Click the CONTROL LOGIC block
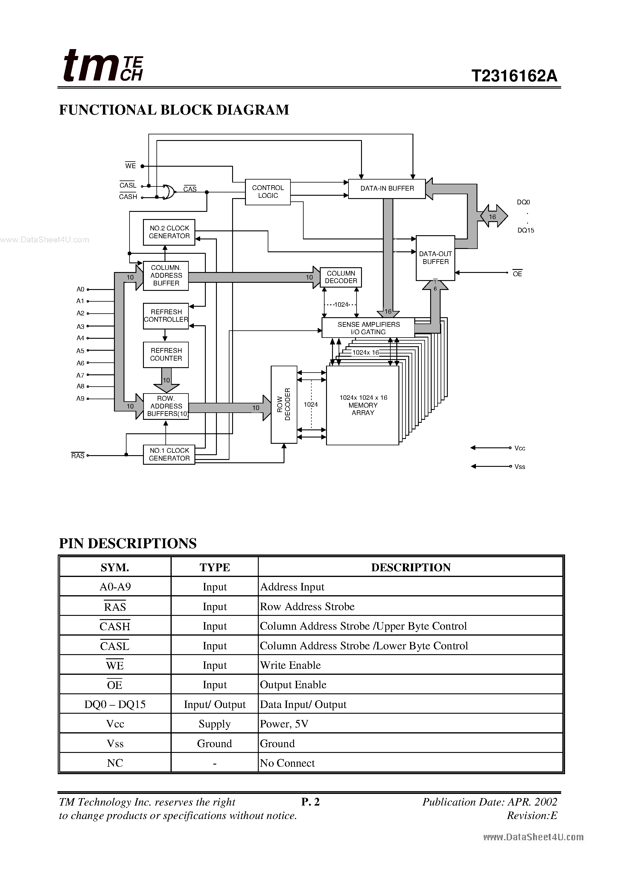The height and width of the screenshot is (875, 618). click(x=267, y=192)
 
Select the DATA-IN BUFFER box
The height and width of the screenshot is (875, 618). click(x=387, y=189)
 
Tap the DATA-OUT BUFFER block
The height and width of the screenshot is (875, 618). click(x=435, y=258)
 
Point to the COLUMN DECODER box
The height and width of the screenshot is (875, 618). click(x=341, y=277)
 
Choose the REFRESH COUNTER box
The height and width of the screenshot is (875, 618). click(x=166, y=354)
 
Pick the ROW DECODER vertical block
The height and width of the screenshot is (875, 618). click(x=284, y=404)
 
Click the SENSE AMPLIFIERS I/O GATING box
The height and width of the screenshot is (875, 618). click(x=368, y=328)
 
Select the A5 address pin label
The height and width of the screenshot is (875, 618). click(x=80, y=351)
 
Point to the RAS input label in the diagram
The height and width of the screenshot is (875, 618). click(x=78, y=456)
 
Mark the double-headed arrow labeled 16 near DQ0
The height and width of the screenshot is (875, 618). click(x=493, y=216)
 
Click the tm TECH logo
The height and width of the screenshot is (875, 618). click(x=103, y=66)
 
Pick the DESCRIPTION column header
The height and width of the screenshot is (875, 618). click(x=410, y=567)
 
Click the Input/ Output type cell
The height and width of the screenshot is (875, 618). click(x=214, y=704)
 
